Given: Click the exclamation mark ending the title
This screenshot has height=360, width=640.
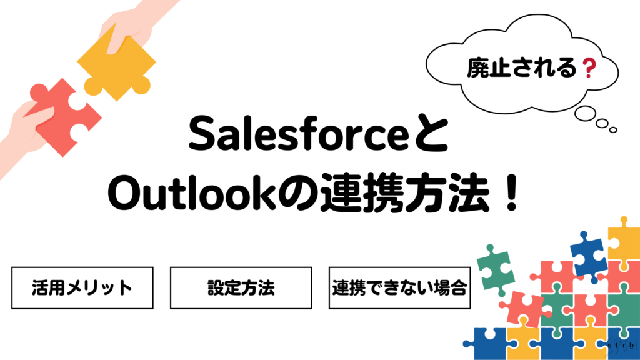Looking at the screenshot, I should tap(510, 195).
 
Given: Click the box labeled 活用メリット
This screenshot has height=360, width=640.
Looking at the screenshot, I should tap(82, 288).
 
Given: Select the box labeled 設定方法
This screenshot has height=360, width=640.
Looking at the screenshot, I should tap(241, 288).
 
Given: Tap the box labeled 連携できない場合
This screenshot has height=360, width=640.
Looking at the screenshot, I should tap(400, 288).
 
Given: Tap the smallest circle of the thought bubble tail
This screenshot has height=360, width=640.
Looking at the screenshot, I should tap(614, 130).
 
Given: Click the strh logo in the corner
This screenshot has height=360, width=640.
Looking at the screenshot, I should tap(620, 344).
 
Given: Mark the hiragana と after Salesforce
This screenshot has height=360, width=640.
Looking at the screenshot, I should tap(434, 136).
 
